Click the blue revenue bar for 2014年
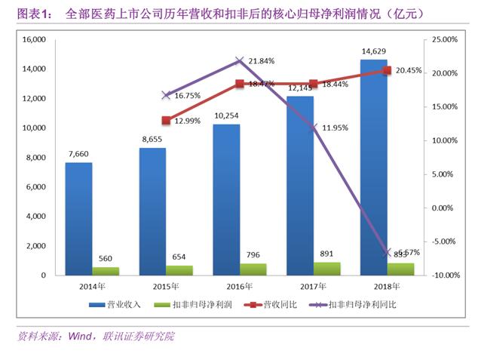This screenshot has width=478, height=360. coord(78,219)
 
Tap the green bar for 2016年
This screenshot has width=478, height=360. coord(253,269)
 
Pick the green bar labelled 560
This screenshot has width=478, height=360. coord(106,271)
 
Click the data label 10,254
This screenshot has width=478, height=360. coord(226,115)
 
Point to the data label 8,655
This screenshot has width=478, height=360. coord(152,139)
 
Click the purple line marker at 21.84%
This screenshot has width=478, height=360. coord(240,61)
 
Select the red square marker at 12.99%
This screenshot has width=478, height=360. coord(166,120)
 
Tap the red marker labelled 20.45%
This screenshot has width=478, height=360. coord(387,70)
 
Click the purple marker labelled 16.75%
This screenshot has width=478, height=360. coord(166,95)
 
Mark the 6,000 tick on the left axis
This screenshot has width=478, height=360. coord(35,187)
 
